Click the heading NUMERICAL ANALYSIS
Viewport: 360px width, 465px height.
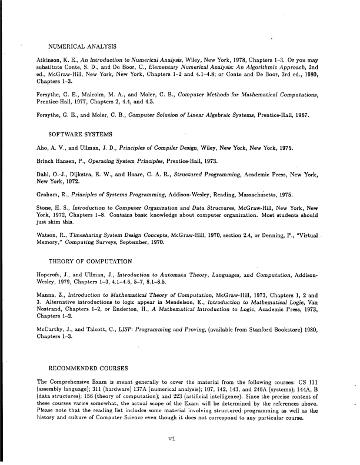(x=82, y=46)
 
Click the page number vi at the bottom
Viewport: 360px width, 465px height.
(x=172, y=437)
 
